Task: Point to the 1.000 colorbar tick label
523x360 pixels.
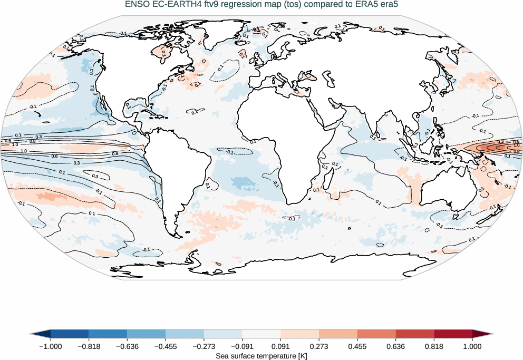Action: tap(472, 346)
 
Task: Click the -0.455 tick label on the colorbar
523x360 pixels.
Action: tap(165, 346)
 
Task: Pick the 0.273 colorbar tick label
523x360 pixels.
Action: tap(319, 346)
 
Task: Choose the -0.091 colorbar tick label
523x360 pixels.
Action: tap(242, 346)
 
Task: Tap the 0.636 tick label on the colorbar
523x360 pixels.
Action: tap(395, 346)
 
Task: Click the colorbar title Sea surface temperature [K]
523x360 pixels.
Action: tap(261, 356)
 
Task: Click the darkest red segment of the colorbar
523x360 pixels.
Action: tap(453, 334)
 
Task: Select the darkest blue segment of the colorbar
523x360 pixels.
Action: tap(69, 334)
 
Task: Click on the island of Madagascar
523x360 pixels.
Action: tap(327, 180)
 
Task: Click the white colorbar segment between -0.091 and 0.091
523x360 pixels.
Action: tap(261, 334)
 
